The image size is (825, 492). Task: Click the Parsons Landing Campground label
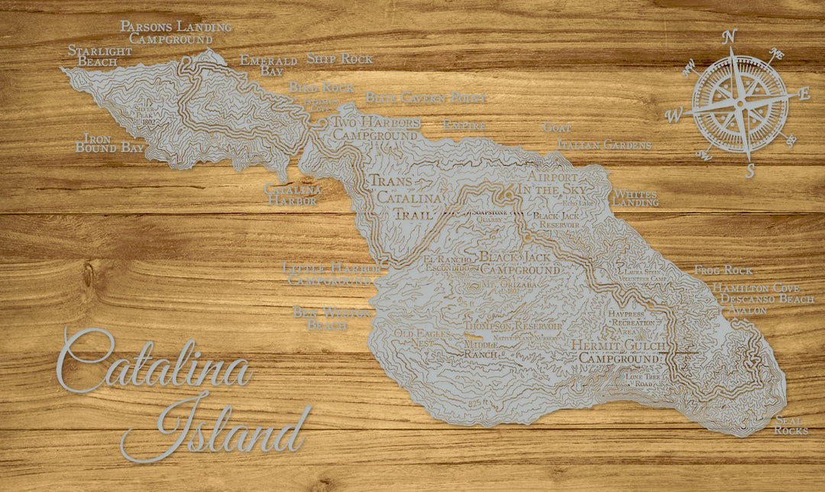(176, 33)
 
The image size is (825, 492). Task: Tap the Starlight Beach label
(99, 56)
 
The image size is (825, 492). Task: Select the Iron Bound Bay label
(110, 144)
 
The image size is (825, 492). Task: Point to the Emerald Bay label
(268, 65)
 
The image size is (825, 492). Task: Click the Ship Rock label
(340, 58)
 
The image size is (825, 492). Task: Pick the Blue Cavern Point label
(425, 98)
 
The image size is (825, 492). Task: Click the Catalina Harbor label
(293, 195)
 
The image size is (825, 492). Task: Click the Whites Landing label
(636, 198)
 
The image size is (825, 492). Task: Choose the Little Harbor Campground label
(326, 274)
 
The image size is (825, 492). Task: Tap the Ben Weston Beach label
(332, 319)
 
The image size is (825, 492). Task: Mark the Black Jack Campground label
(519, 263)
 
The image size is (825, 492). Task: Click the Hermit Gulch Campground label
(618, 351)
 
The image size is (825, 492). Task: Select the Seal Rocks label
(791, 426)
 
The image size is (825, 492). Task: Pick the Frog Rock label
(723, 270)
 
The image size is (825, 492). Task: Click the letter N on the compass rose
(730, 37)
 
